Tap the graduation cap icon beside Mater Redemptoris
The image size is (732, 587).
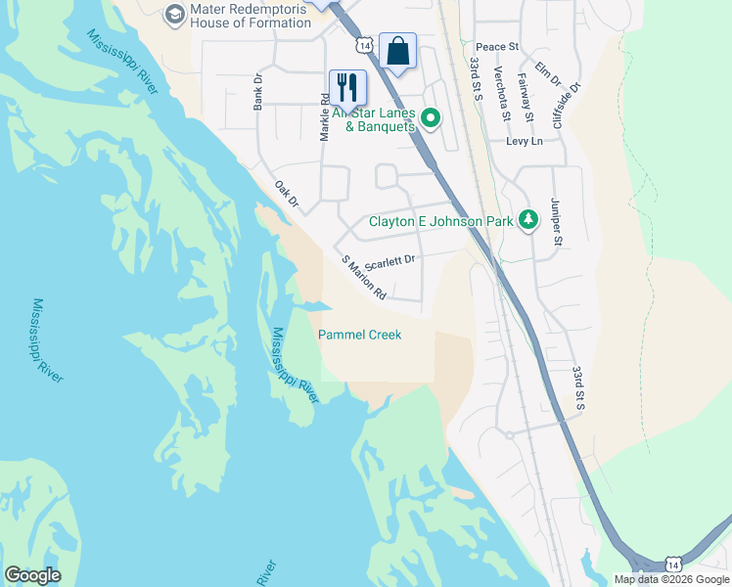(174, 14)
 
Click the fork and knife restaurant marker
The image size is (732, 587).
(347, 87)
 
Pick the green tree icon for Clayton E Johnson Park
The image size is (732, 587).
(528, 219)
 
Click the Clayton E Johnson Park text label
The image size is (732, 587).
(440, 221)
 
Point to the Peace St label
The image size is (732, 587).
(496, 47)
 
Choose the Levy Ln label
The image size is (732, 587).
(524, 141)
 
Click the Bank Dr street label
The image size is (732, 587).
(258, 92)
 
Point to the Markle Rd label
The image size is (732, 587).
(324, 117)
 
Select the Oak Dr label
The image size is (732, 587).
(286, 196)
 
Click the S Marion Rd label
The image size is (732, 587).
(364, 278)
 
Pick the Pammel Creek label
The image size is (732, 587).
(360, 335)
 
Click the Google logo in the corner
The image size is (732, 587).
(32, 575)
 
